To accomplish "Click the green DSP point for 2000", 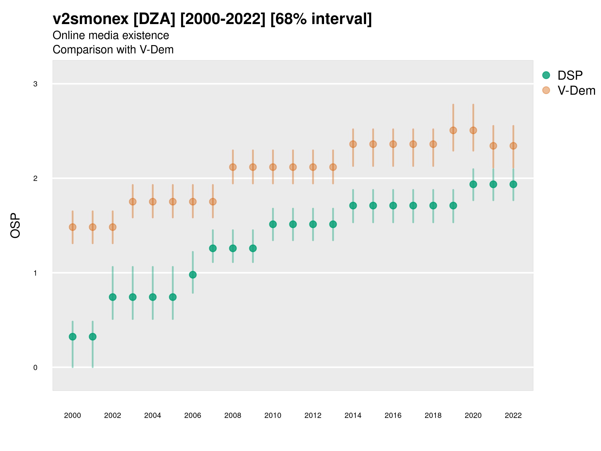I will (x=73, y=336).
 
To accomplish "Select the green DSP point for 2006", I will (x=193, y=275).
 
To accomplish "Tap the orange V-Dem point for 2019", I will (x=453, y=131).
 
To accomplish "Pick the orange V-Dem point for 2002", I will (x=112, y=227).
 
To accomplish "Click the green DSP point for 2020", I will (x=473, y=184).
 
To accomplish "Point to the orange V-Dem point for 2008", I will (x=233, y=167).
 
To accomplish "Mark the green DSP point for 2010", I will (x=273, y=224).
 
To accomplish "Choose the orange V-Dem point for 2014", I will (x=353, y=144).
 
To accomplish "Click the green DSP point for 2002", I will (x=112, y=297).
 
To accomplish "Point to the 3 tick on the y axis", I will (x=35, y=84).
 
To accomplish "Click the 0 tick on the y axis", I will (x=35, y=368).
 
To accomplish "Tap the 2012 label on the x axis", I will (x=313, y=415).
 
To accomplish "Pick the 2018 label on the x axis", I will (x=433, y=415).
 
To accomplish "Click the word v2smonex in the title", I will (x=90, y=19).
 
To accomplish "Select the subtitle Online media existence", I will (x=111, y=35).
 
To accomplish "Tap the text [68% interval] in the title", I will (x=321, y=19).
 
